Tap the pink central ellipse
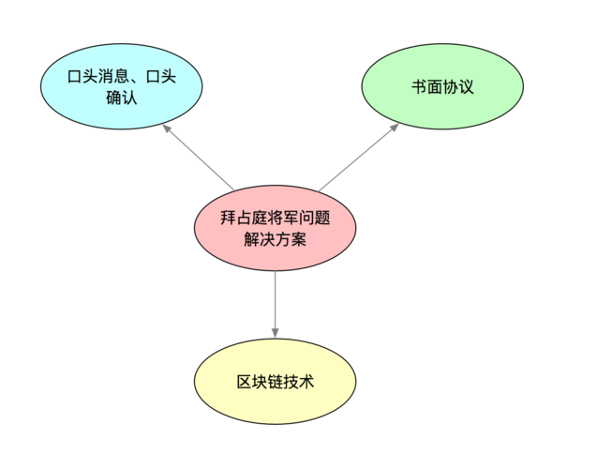click(276, 228)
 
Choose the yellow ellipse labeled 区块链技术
click(276, 383)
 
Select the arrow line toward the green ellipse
click(359, 155)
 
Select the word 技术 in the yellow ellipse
click(300, 383)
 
